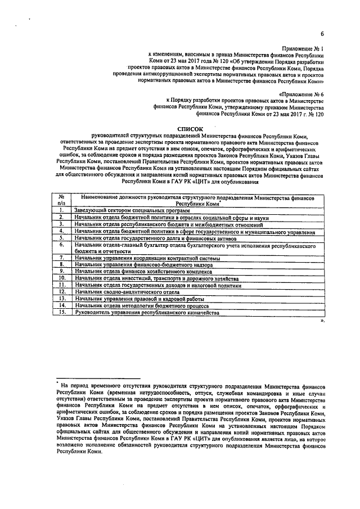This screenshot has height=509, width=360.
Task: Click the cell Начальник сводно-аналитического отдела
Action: click(129, 292)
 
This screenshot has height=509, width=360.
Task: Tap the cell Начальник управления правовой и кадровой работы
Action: click(141, 299)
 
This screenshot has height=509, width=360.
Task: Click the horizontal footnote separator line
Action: click(98, 379)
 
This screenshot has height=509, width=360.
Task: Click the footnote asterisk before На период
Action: click(58, 384)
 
